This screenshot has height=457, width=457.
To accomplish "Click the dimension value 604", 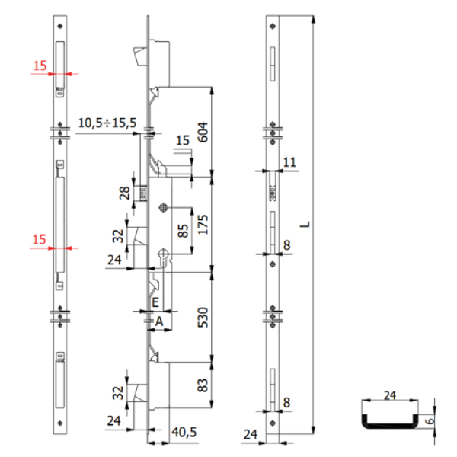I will coord(203,130).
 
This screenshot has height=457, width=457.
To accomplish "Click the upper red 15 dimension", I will coord(39,64).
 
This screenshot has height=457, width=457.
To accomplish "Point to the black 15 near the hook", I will coord(181,140).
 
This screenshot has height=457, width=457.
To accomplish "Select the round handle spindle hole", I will coord(164,209).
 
